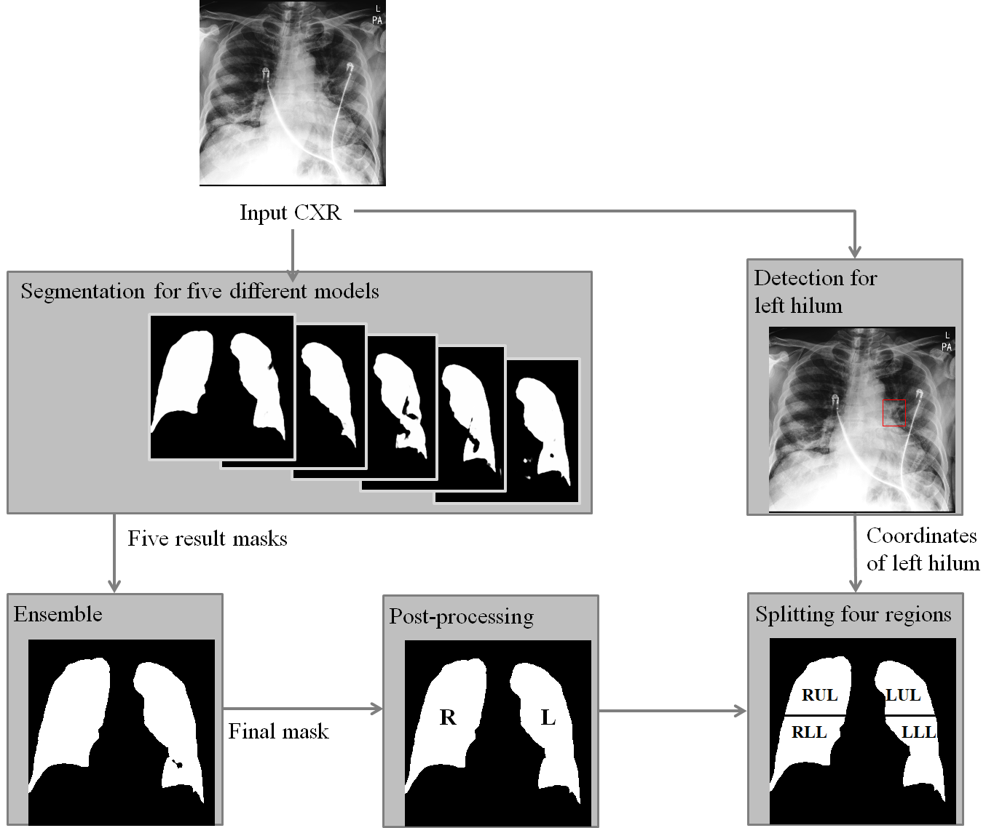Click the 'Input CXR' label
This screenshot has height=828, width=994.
coord(290,213)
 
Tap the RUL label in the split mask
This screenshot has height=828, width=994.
coord(819,695)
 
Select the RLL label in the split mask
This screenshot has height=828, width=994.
coord(809,732)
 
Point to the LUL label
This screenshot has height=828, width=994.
coord(903,695)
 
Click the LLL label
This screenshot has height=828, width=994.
coord(918,732)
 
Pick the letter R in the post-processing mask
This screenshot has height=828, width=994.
coord(448,718)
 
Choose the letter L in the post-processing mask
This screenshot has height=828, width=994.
coord(548,718)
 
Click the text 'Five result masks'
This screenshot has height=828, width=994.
coord(208,538)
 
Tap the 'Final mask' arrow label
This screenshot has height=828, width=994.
coord(278,731)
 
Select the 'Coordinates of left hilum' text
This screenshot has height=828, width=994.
coord(922,549)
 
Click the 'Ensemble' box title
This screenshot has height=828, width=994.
coord(58,614)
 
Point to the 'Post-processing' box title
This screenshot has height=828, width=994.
coord(461,617)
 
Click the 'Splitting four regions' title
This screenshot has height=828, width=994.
coord(853,615)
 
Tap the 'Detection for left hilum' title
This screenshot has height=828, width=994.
coord(815,291)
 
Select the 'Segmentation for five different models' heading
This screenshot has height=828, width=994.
coord(200,292)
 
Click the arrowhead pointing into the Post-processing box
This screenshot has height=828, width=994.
coord(377,709)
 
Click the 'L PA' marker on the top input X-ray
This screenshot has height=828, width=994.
coord(376,16)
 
